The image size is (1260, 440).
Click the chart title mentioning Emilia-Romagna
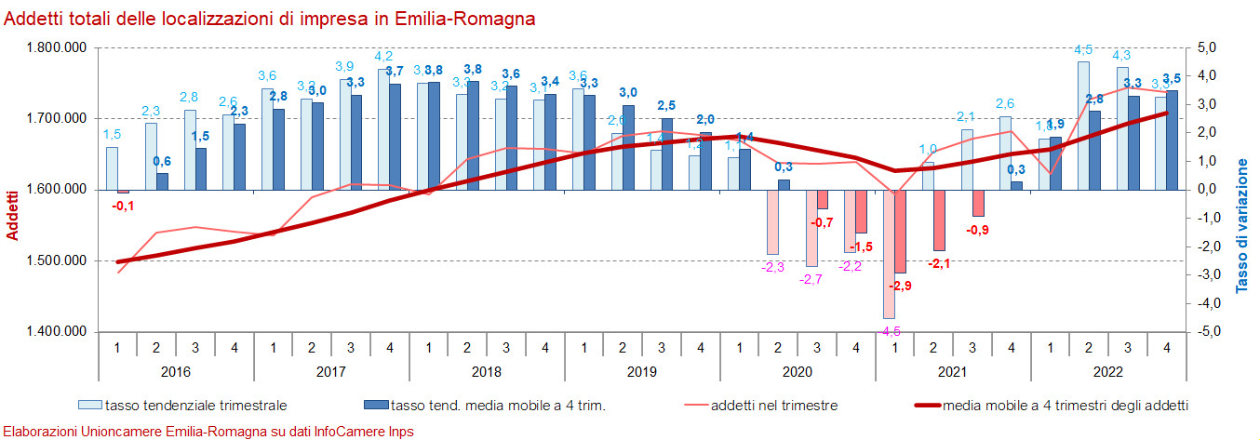pyautogui.click(x=270, y=19)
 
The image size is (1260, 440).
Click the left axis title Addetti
pyautogui.click(x=13, y=215)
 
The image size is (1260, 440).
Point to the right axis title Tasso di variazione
pyautogui.click(x=1241, y=226)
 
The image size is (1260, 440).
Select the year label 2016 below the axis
pyautogui.click(x=175, y=372)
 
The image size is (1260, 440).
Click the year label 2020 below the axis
pyautogui.click(x=797, y=372)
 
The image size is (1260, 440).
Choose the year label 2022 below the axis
pyautogui.click(x=1107, y=372)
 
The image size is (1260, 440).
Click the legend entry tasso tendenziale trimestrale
pyautogui.click(x=194, y=405)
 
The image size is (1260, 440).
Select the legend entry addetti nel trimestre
pyautogui.click(x=773, y=405)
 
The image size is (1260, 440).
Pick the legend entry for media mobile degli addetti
pyautogui.click(x=1066, y=405)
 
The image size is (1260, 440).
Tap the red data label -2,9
pyautogui.click(x=901, y=286)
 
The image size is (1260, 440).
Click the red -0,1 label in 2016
pyautogui.click(x=123, y=206)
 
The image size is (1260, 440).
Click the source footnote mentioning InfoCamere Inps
pyautogui.click(x=208, y=432)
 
